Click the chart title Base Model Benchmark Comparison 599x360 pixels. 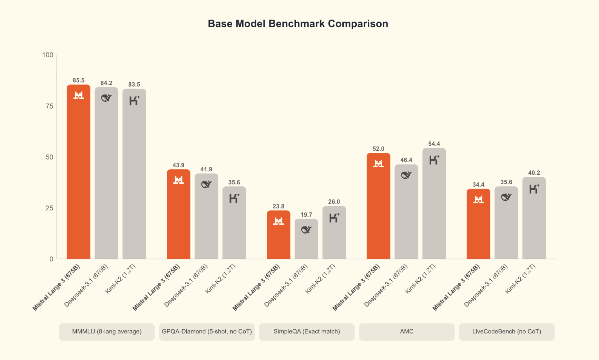(x=298, y=24)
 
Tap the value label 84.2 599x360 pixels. (x=106, y=83)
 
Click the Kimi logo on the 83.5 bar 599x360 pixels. (x=134, y=101)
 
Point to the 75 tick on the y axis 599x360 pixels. (x=50, y=106)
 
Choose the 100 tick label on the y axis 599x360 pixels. (x=48, y=55)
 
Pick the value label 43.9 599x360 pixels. (x=178, y=166)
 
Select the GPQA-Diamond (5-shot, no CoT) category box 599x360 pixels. (x=207, y=332)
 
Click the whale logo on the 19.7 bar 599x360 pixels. (x=306, y=229)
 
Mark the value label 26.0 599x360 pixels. (x=334, y=202)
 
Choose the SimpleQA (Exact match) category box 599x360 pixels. (x=307, y=332)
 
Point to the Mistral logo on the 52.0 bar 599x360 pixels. (x=379, y=164)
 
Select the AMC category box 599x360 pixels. (x=406, y=332)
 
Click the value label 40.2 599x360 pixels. (x=534, y=173)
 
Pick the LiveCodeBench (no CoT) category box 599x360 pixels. (x=507, y=332)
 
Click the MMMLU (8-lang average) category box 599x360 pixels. (x=107, y=332)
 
